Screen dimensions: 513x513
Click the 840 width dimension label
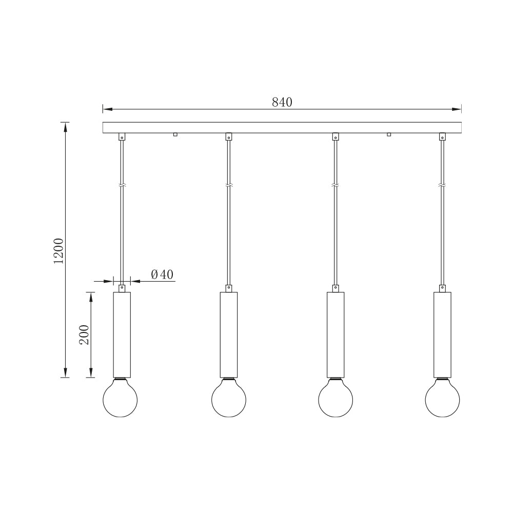tap(282, 102)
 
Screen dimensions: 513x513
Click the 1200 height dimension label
tap(59, 250)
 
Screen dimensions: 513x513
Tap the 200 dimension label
tap(85, 334)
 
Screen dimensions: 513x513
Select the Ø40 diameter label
tap(163, 275)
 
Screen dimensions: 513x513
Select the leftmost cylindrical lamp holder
tap(122, 334)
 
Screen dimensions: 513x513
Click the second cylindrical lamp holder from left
tap(229, 334)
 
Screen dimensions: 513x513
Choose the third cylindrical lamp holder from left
tap(336, 334)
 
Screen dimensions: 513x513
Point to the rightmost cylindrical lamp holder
tap(442, 334)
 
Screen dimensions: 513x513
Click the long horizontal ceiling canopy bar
tap(282, 127)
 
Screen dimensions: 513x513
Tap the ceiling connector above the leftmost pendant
tap(122, 136)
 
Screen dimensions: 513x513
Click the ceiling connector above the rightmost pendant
tap(442, 136)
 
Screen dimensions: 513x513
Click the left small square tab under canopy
tap(175, 135)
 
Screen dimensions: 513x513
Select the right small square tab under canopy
tap(389, 135)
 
